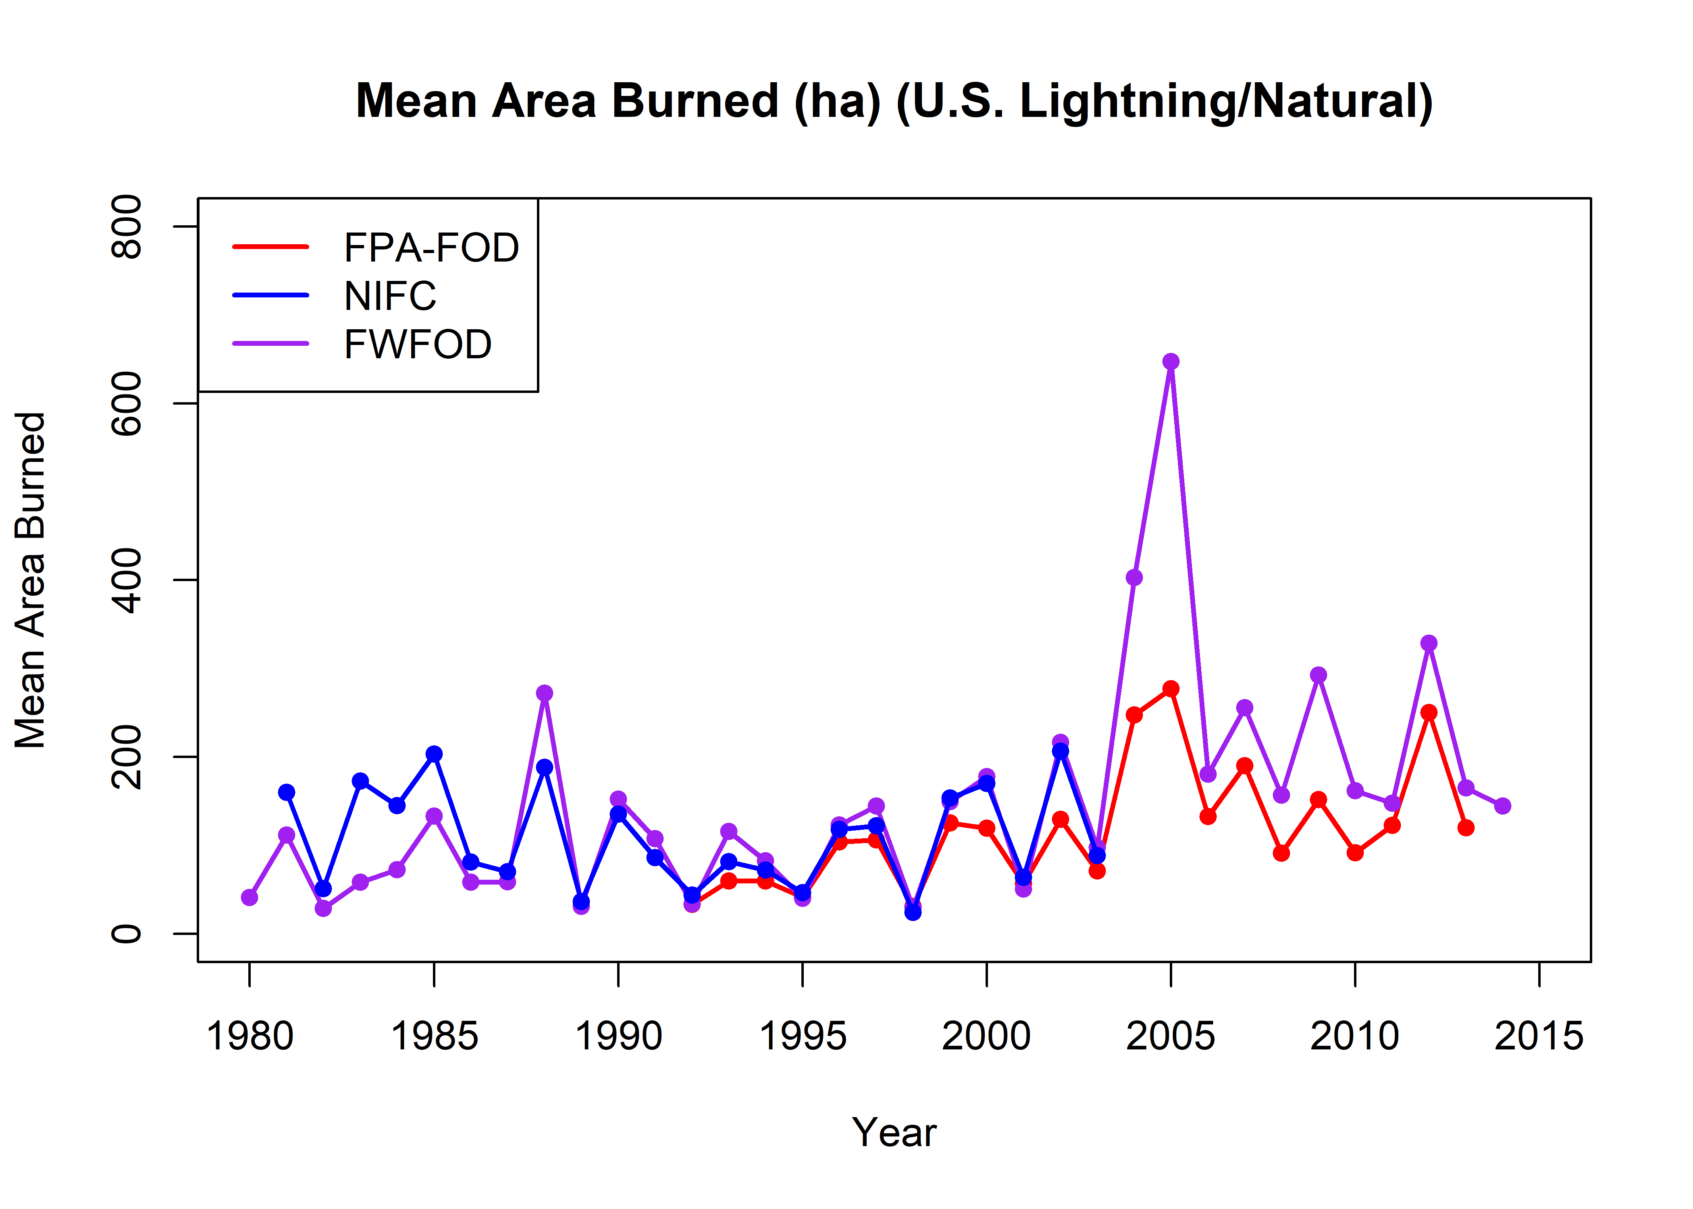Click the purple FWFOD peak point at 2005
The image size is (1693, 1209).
point(1170,362)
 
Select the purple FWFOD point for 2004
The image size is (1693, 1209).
point(1134,577)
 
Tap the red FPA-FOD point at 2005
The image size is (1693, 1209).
point(1170,689)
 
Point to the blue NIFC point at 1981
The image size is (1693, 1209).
point(287,792)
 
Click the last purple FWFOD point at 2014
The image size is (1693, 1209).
point(1502,806)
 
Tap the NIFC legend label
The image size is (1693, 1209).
point(389,296)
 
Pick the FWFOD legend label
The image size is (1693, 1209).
point(418,345)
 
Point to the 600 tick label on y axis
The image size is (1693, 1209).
point(127,403)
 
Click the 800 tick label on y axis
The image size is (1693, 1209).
point(127,226)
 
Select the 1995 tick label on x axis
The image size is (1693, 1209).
point(803,1036)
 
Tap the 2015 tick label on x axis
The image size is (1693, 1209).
point(1539,1036)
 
